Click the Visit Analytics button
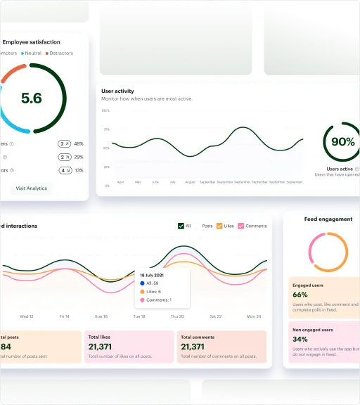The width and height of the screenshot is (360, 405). coord(32,188)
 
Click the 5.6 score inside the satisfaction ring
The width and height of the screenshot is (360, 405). coord(32,98)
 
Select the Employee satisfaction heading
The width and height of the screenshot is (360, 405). coord(31,42)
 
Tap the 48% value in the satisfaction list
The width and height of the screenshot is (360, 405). coord(79,143)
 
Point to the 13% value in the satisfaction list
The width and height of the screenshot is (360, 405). coord(79,170)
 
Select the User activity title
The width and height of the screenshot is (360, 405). coord(118,91)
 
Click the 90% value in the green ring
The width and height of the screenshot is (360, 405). coord(342,142)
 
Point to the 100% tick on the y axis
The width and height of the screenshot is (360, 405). coord(106,110)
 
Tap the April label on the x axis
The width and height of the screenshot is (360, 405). coord(120,182)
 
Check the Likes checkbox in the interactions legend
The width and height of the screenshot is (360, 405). coord(219,226)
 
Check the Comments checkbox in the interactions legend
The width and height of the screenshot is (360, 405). coord(241,226)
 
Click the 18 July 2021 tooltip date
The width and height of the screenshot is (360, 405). coord(152,274)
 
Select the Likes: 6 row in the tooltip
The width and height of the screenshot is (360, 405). coord(151,291)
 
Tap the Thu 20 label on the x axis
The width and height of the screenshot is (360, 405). coord(177,316)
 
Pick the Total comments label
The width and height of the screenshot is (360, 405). coord(200,337)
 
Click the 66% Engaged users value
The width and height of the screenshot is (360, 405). coord(300,295)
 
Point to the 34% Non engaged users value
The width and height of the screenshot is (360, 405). coord(300,339)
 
